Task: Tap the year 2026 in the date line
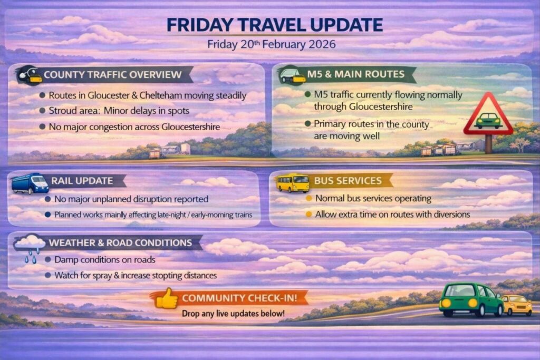point(322,44)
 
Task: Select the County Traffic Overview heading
point(113,75)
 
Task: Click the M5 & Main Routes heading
point(356,74)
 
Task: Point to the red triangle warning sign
point(488,114)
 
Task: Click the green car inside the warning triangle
point(488,121)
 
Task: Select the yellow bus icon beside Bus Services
point(293,182)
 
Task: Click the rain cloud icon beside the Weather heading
point(30,247)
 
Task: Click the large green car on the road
point(471,300)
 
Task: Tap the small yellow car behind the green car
point(517,305)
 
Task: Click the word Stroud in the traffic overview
point(60,111)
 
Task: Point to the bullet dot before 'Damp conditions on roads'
point(48,259)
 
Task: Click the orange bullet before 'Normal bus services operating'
point(309,198)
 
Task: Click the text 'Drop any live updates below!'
point(233,314)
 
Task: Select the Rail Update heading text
point(82,181)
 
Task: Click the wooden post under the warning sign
point(488,144)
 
